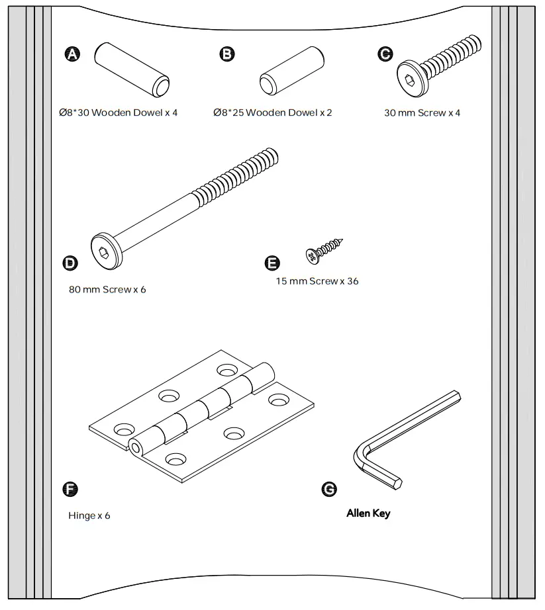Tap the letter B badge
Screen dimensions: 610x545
(x=227, y=54)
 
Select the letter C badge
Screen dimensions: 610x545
(x=384, y=54)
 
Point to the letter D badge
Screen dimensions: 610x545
(x=70, y=263)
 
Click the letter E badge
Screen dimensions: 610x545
(x=272, y=263)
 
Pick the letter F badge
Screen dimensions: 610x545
(x=70, y=490)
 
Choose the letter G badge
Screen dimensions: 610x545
(x=328, y=489)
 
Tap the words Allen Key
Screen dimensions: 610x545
(x=368, y=513)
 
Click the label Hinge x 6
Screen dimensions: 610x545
(x=89, y=515)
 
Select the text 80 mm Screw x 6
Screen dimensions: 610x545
(x=107, y=290)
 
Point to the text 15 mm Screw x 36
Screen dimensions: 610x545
(x=317, y=281)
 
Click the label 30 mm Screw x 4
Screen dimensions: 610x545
(x=422, y=112)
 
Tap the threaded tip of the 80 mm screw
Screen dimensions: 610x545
(x=269, y=159)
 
